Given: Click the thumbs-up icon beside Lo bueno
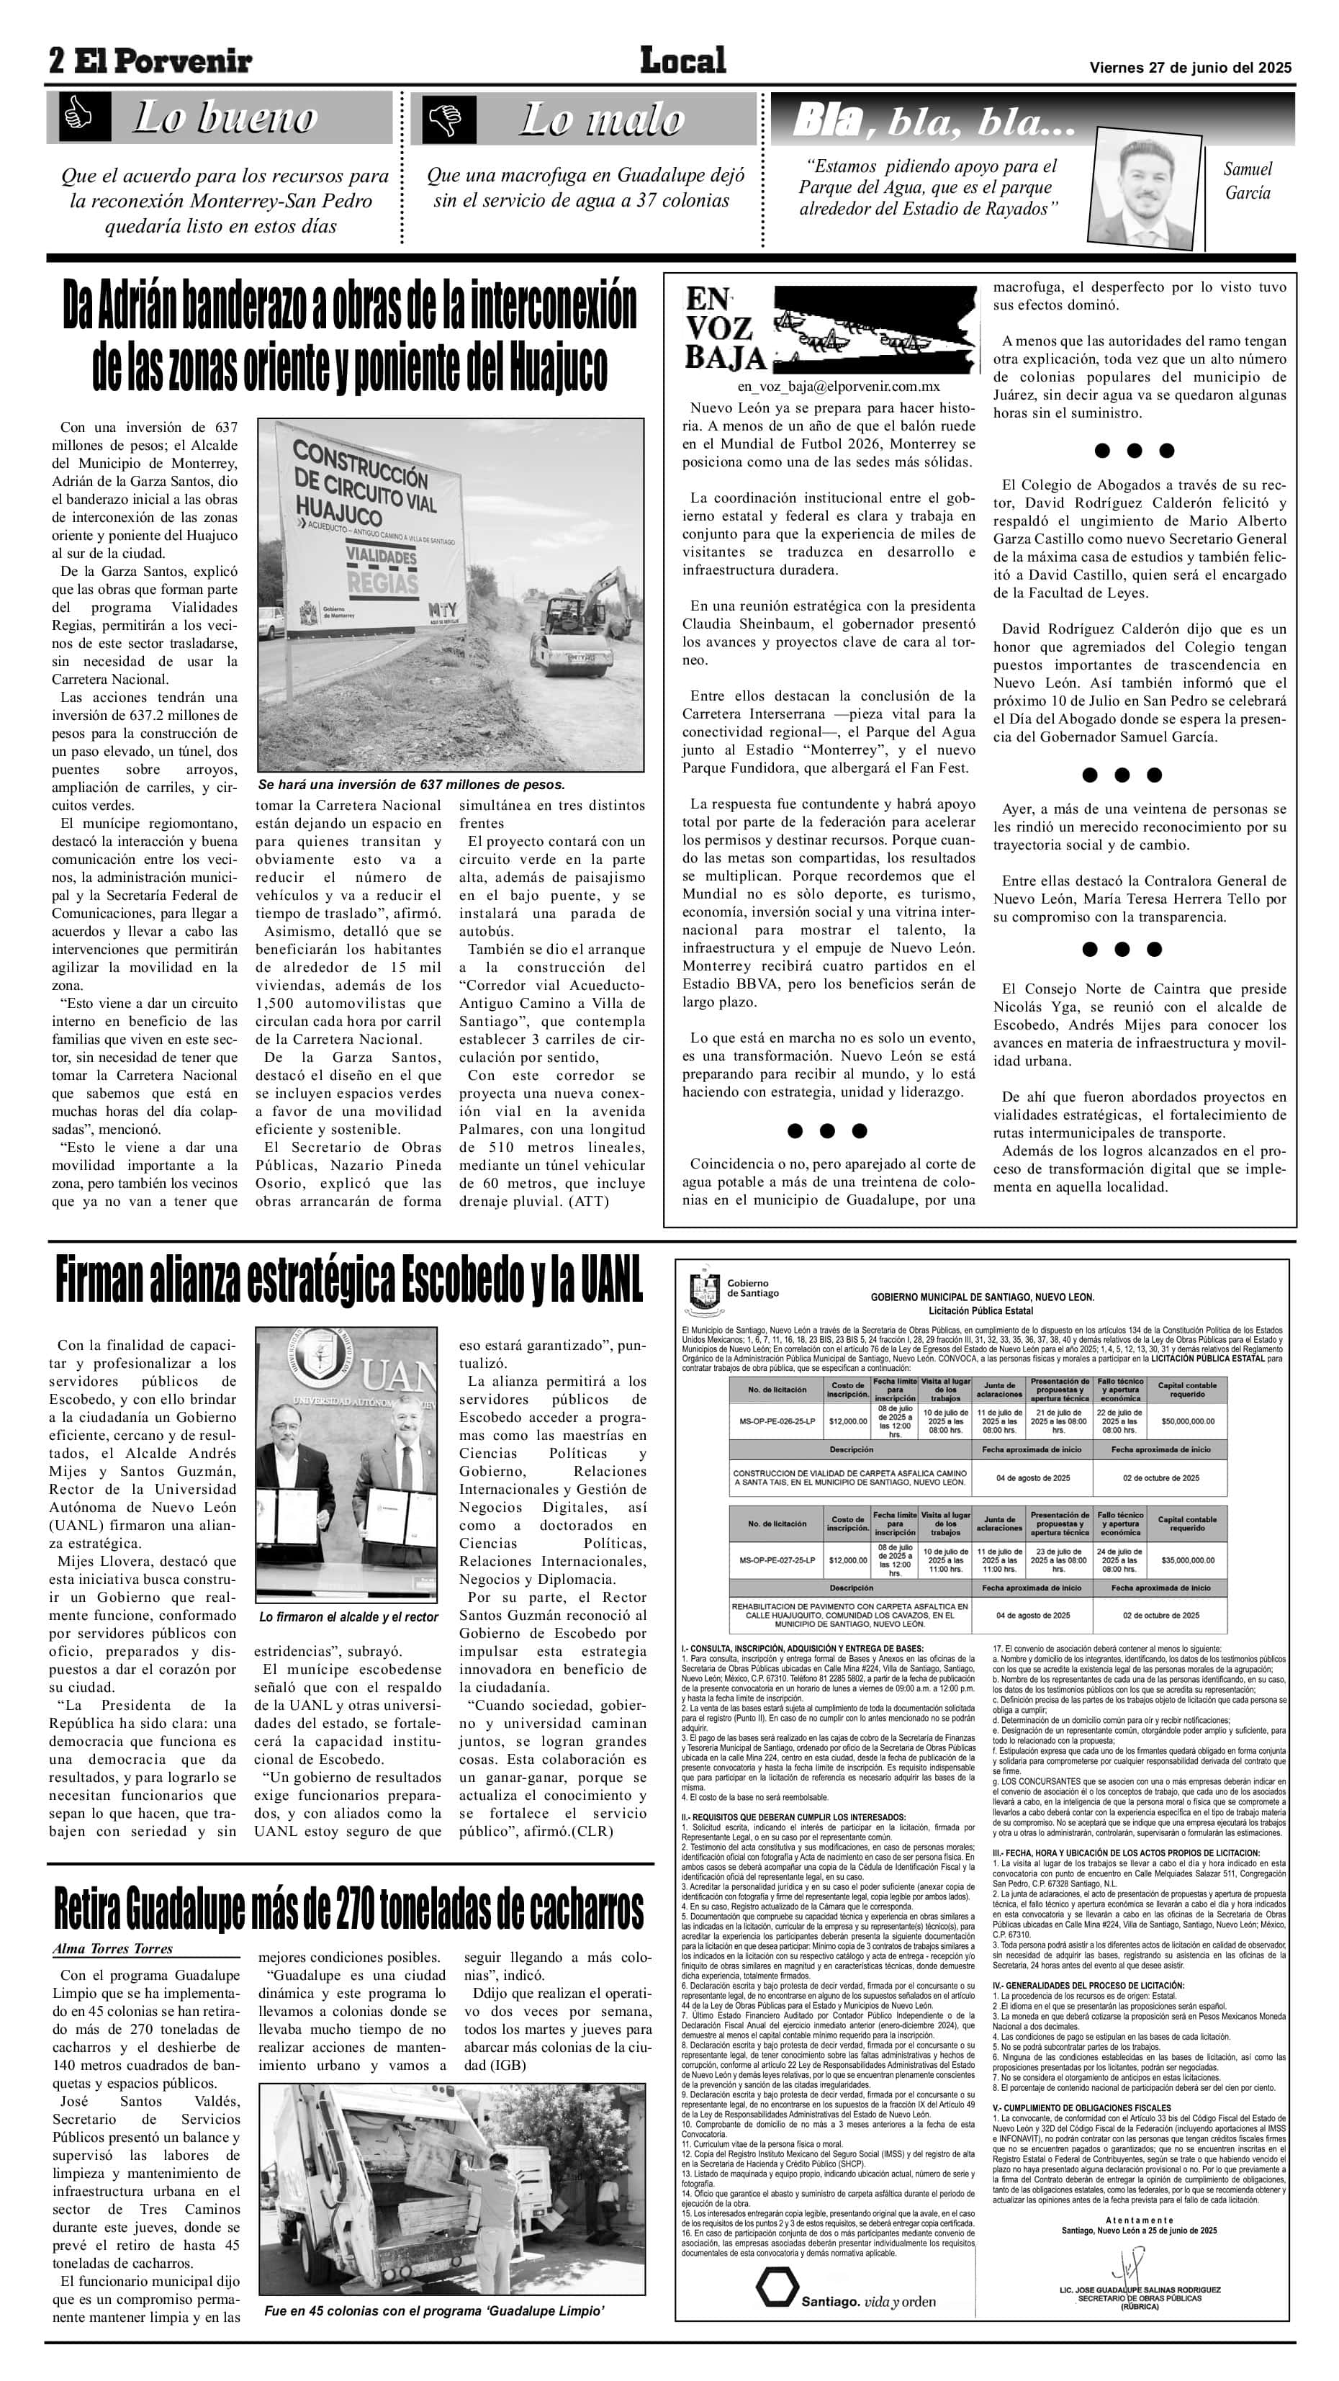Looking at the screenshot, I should pyautogui.click(x=78, y=117).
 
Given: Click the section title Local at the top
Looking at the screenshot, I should pyautogui.click(x=683, y=61).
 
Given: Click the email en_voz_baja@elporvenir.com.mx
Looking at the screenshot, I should pyautogui.click(x=838, y=387).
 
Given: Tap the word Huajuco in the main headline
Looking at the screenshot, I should pyautogui.click(x=558, y=366).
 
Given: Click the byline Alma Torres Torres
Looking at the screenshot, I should pyautogui.click(x=113, y=1949).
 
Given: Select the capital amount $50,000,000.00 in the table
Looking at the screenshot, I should pyautogui.click(x=1187, y=1421).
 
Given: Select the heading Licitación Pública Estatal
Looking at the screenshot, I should pyautogui.click(x=980, y=1310).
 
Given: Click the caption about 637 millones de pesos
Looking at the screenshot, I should pyautogui.click(x=411, y=784).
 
